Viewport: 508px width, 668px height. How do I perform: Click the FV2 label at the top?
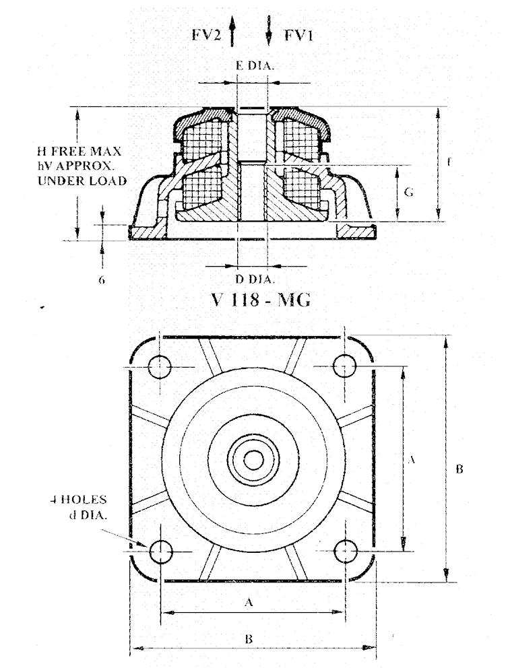(x=208, y=35)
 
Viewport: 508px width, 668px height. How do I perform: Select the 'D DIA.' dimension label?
(x=253, y=277)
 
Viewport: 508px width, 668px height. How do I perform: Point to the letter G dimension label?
(x=408, y=193)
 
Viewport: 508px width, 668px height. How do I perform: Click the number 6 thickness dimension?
(x=101, y=278)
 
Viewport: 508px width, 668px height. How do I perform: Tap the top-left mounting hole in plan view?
(x=161, y=367)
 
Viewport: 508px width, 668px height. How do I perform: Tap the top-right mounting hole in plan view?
(x=345, y=367)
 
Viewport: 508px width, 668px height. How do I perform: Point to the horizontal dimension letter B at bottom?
(x=248, y=639)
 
